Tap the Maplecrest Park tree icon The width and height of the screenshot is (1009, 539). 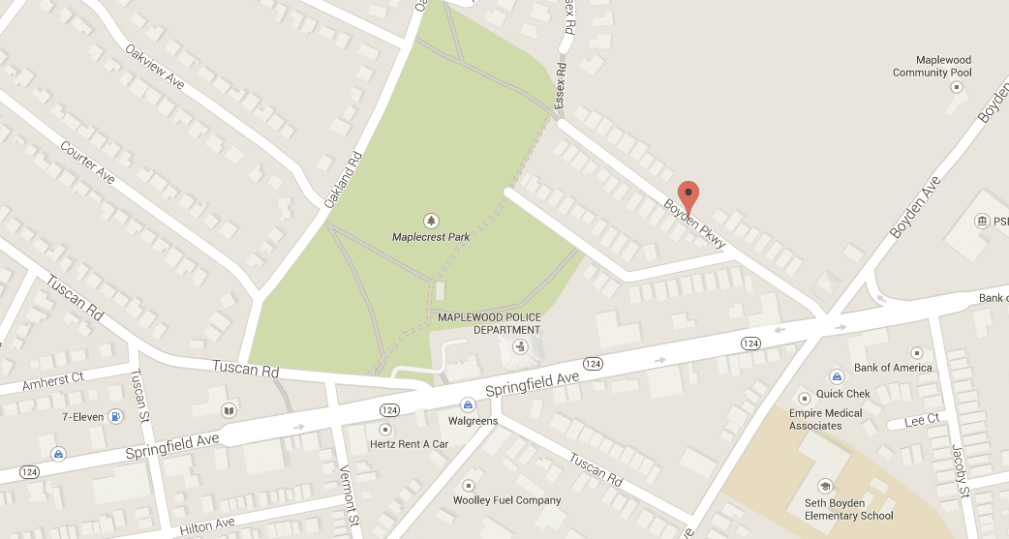431,220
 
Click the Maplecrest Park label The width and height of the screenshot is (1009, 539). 431,236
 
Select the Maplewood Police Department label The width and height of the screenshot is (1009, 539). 489,323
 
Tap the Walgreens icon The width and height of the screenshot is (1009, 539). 468,404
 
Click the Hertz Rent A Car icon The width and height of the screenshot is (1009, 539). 385,429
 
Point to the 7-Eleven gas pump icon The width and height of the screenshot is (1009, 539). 116,417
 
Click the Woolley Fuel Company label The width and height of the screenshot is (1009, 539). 506,500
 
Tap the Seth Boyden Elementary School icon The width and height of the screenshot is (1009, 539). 825,486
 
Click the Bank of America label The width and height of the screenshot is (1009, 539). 893,368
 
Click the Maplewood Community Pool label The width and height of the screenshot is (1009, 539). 932,66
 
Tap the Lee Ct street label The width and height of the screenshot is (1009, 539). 922,420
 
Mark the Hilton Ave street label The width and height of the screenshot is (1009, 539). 207,525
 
